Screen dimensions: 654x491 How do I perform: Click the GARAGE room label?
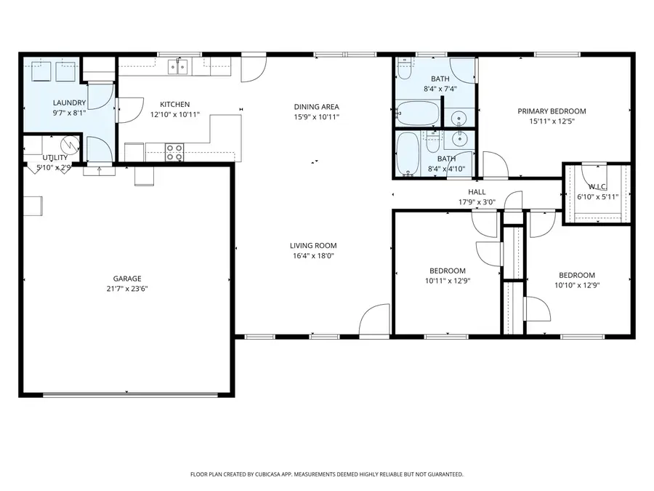tap(127, 279)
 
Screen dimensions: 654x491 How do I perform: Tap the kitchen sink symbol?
tap(178, 67)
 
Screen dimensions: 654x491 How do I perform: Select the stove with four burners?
tap(174, 152)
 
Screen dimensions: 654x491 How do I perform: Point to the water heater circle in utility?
tap(70, 145)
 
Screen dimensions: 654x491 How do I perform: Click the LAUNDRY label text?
tap(69, 103)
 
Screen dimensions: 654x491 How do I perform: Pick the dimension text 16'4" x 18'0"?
tap(313, 256)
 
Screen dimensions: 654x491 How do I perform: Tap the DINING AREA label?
tap(317, 107)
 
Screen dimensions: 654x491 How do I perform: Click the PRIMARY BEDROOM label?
tap(552, 111)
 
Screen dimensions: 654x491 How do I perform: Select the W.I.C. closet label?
tap(598, 187)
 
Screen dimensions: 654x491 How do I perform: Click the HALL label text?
tap(477, 192)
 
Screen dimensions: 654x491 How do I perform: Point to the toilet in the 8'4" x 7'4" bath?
tap(404, 69)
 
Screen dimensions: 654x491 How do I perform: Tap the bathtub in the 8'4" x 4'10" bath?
tap(408, 153)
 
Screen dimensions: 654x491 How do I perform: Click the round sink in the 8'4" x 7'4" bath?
tap(459, 117)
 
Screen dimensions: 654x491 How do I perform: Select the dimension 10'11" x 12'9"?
tap(448, 281)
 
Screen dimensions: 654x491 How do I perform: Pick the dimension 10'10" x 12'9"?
tap(577, 286)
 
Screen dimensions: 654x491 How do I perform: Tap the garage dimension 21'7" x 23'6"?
tap(127, 289)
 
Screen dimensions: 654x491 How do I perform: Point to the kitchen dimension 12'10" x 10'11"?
tap(175, 115)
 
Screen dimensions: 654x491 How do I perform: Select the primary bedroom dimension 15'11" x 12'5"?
tap(552, 121)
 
